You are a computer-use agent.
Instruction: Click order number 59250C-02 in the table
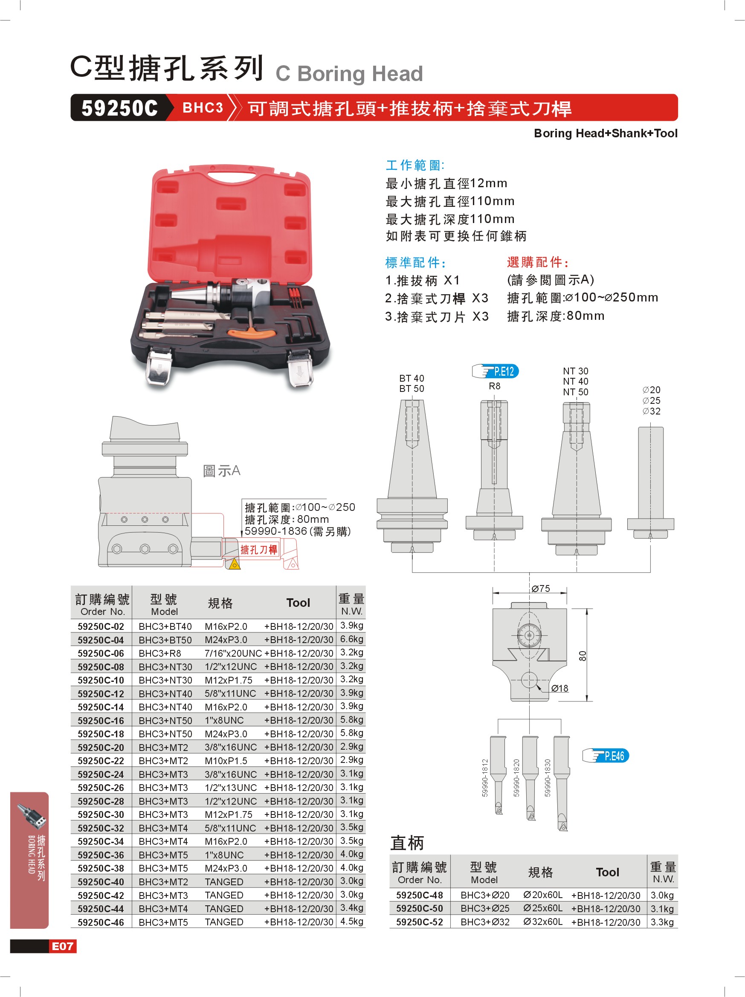[101, 626]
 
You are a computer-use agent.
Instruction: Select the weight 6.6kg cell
[351, 639]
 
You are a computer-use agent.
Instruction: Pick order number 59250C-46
[101, 922]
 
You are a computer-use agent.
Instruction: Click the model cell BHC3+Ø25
[484, 908]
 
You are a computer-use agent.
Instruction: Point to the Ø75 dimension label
[540, 588]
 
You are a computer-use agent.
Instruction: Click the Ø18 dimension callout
[559, 688]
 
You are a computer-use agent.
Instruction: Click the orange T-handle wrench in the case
[251, 333]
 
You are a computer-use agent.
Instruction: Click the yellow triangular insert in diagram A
[235, 564]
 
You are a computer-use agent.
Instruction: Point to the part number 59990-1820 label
[516, 778]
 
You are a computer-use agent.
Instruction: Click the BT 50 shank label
[412, 388]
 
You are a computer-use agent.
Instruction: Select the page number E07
[63, 946]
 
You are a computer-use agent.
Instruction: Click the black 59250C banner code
[119, 108]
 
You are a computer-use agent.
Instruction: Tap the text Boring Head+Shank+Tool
[605, 133]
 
